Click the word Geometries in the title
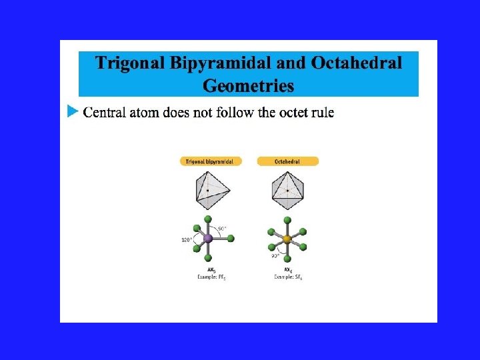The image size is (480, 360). pos(248,86)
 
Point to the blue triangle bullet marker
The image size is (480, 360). pos(73,111)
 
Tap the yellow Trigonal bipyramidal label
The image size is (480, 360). pos(211,161)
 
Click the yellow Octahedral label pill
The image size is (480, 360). pos(287,161)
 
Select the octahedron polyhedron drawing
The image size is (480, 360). pos(287,190)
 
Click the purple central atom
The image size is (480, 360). pos(207,238)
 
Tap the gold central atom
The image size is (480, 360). pos(287,239)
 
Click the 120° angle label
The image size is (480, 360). pos(187,240)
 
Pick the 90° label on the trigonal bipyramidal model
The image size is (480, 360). pos(221,229)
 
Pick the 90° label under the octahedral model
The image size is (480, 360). pos(275,255)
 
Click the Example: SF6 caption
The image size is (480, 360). pos(287,276)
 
